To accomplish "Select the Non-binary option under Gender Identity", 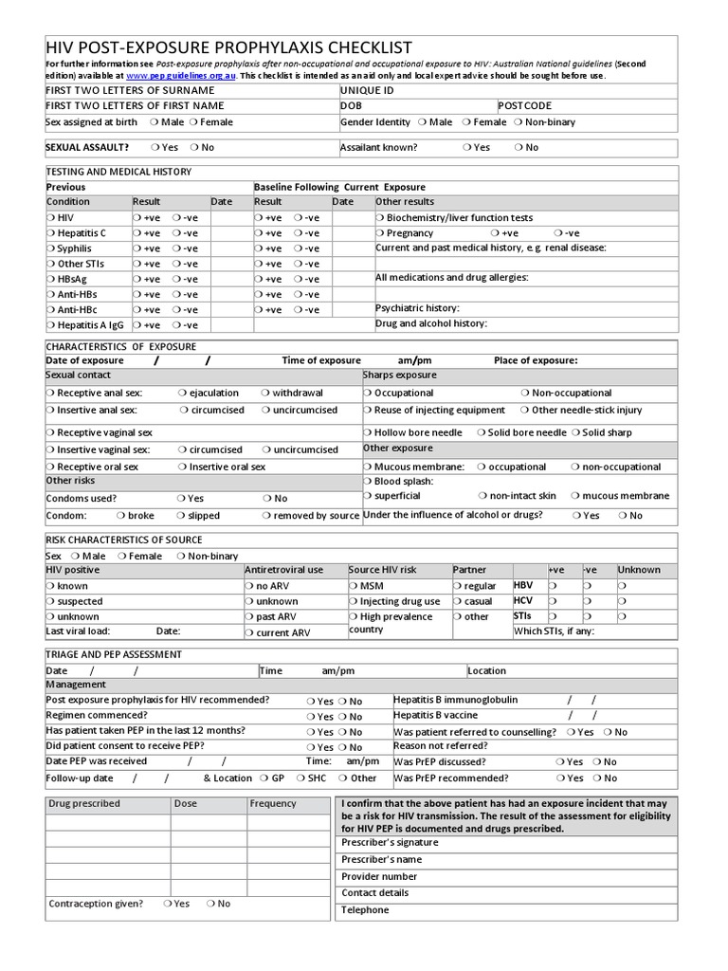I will [519, 122].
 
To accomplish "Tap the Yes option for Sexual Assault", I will [156, 148].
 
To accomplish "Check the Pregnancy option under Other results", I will [381, 233].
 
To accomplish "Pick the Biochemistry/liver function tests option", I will [381, 218].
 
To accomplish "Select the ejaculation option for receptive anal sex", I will [183, 394].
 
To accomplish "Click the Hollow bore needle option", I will [369, 432].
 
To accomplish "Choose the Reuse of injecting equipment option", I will [369, 411].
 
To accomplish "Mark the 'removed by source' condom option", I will [266, 517].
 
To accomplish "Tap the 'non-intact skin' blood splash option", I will [482, 496].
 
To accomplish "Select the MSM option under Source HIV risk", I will [354, 587].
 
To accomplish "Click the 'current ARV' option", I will [249, 633].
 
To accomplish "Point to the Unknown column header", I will [639, 570].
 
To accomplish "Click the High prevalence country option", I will [354, 617].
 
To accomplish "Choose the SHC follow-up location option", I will [300, 779].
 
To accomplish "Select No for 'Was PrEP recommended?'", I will [596, 779].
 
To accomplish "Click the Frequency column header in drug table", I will [273, 804].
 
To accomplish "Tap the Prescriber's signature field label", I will [390, 842].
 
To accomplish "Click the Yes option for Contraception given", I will [168, 904].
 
